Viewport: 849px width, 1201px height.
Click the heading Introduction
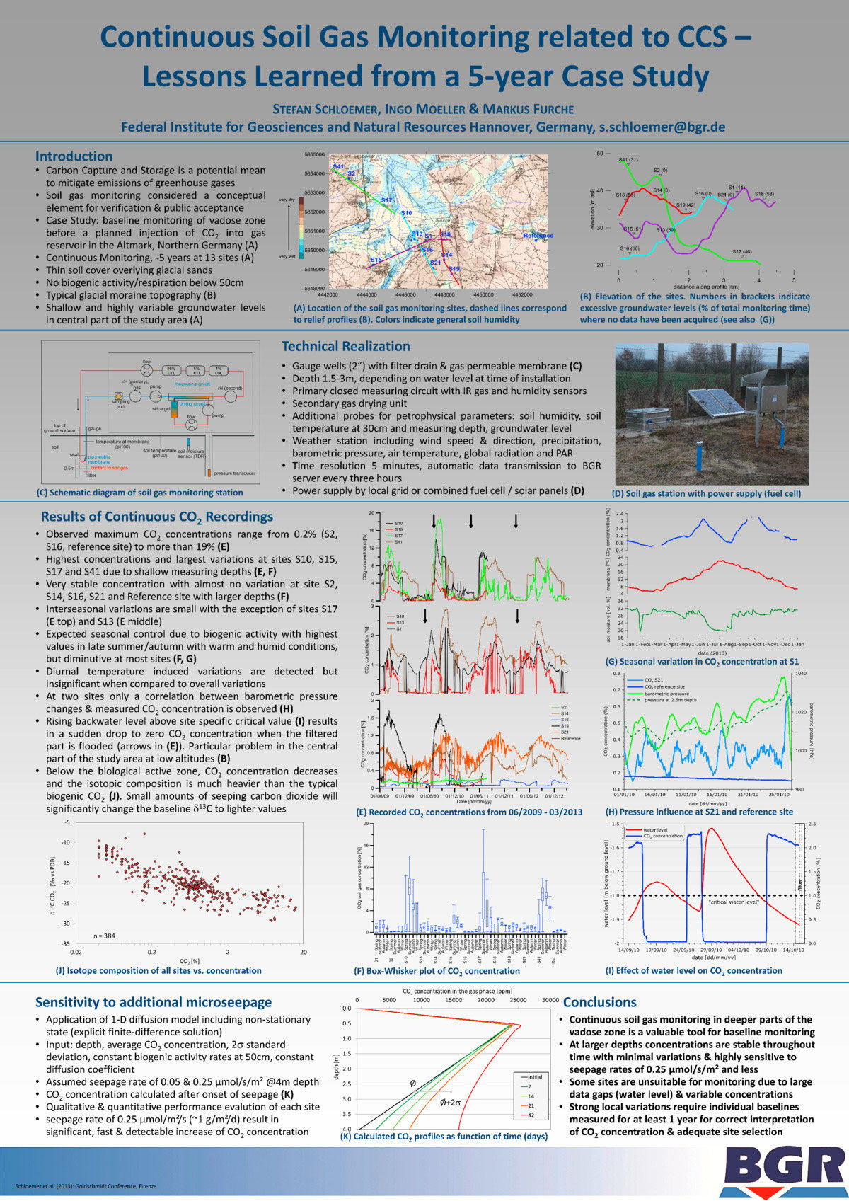click(x=74, y=156)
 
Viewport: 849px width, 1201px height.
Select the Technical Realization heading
click(x=346, y=346)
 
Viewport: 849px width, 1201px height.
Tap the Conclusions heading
click(x=600, y=1002)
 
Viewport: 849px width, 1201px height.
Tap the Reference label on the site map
click(x=538, y=235)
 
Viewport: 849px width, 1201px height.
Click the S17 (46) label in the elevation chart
click(x=742, y=252)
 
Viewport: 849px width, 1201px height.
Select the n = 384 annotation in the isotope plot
click(x=105, y=936)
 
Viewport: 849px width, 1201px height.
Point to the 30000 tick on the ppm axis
click(x=550, y=1000)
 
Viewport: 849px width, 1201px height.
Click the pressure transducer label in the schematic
click(x=234, y=473)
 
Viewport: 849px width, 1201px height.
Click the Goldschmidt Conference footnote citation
click(x=84, y=1186)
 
